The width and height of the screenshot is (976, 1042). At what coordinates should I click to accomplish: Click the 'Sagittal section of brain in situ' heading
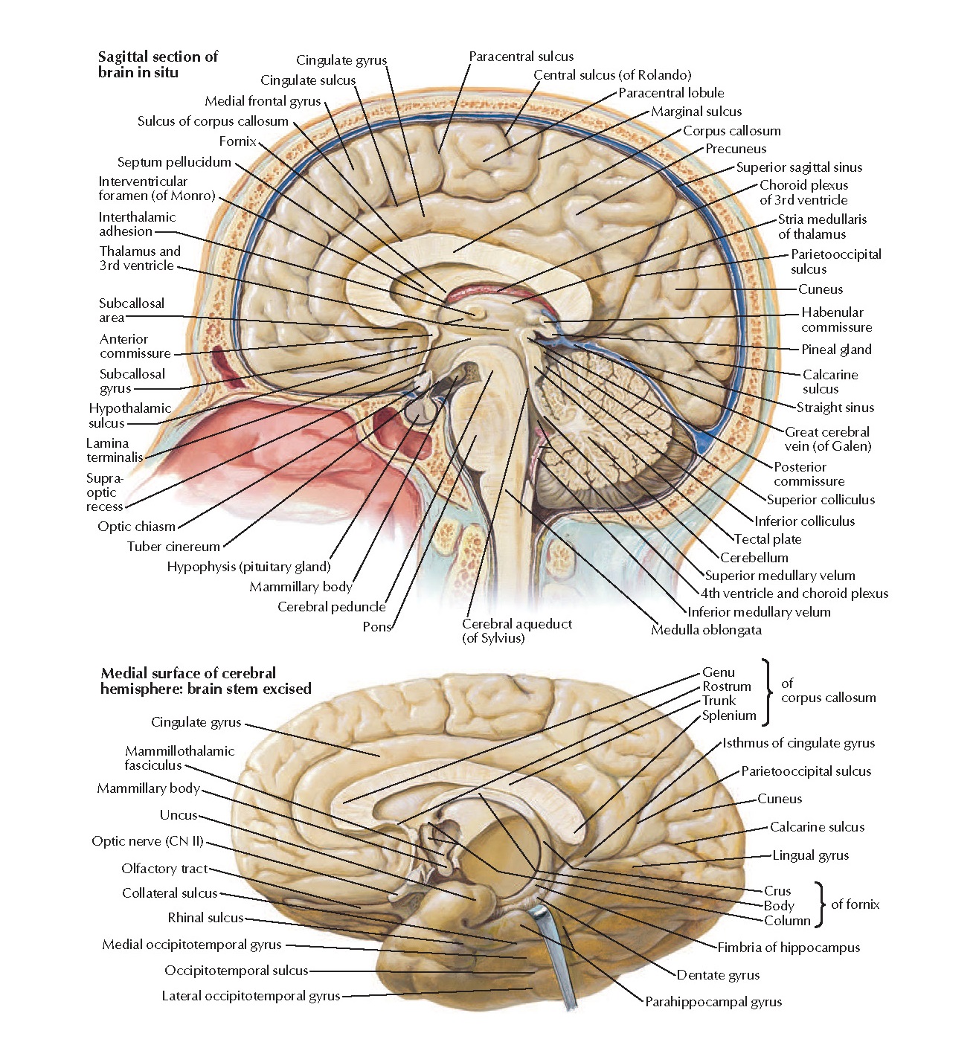coord(158,64)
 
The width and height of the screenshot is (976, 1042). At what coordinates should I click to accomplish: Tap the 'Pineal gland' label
coord(835,350)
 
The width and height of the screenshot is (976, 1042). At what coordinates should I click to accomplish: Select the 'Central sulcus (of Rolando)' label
coord(612,75)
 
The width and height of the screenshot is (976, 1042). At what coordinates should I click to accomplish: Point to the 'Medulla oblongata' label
coord(706,630)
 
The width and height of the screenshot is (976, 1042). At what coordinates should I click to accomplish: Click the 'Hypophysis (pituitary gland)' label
coord(248,567)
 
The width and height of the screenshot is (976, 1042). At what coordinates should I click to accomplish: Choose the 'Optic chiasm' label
coord(136,527)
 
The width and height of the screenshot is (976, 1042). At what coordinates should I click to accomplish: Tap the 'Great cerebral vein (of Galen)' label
coord(827,439)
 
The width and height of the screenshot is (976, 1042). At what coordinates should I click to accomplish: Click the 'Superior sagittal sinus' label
coord(799,167)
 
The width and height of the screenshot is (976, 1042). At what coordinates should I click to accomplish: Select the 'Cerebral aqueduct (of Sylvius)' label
coord(517,631)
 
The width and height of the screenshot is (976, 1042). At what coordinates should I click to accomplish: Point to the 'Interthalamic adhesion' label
coord(137,224)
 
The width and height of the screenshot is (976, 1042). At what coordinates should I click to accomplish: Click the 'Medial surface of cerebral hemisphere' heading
coord(205,681)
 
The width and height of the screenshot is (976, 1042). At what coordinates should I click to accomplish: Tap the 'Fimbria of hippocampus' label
coord(789,948)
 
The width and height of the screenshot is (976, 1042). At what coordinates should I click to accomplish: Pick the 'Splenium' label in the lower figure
coord(729,715)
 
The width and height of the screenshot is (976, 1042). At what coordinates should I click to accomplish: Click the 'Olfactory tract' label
coord(164,869)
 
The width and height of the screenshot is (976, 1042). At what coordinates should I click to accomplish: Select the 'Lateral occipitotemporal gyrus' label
coord(251,996)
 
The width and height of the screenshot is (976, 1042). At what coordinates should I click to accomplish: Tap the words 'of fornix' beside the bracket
coord(855,904)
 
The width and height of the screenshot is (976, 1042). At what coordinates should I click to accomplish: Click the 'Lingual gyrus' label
coord(810,855)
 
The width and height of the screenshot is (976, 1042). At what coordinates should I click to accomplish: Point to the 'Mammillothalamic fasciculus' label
coord(179,758)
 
